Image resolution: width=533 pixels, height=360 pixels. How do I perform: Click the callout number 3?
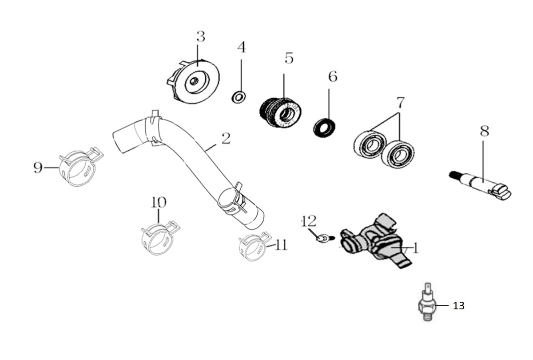[x=201, y=37]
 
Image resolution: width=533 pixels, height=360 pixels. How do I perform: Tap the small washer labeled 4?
[x=240, y=96]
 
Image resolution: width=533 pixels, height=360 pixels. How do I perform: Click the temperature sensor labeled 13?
[x=427, y=306]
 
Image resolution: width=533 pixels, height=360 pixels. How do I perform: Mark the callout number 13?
[x=458, y=306]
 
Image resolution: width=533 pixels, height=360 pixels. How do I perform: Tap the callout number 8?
[x=484, y=131]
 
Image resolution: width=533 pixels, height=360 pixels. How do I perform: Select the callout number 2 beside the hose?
[x=226, y=139]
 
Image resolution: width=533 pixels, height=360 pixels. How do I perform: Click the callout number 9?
[x=38, y=168]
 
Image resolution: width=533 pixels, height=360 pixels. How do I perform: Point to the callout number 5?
[x=289, y=58]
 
